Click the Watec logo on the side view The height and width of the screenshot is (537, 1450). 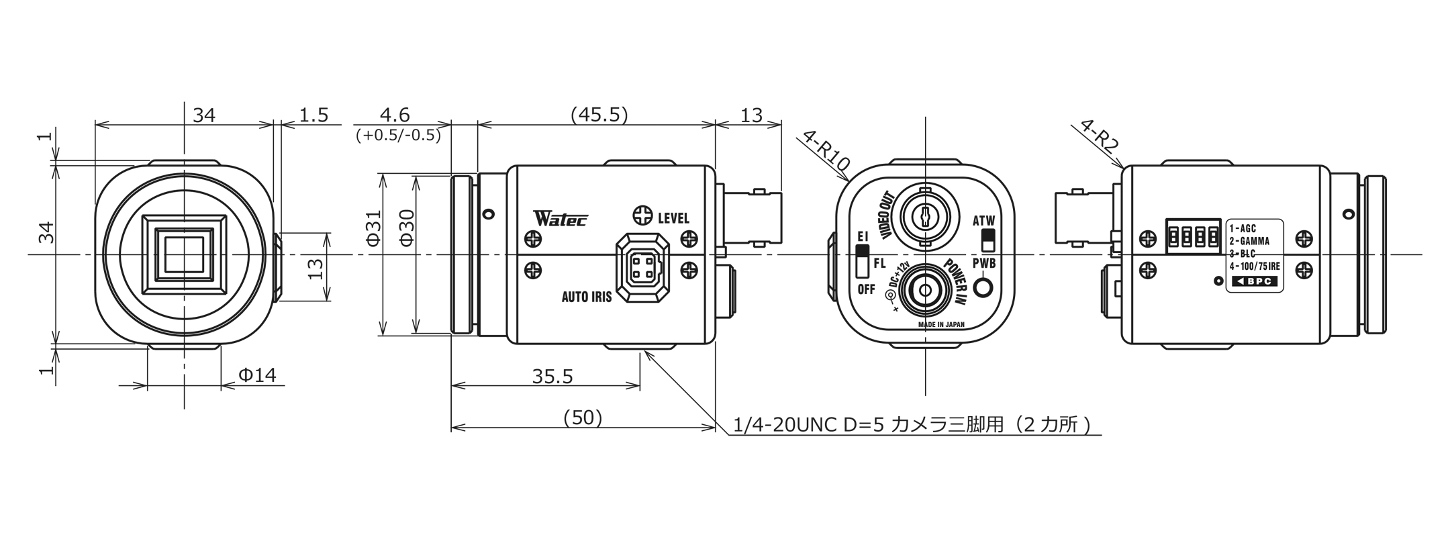pos(561,218)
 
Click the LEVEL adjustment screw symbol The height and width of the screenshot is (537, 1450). pos(642,216)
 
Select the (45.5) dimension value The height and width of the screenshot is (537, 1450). pos(599,115)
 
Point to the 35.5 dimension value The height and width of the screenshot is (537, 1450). pos(552,377)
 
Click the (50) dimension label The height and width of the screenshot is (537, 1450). pos(582,418)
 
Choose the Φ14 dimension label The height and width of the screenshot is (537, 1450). pos(257,375)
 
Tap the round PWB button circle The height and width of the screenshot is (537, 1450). pos(983,287)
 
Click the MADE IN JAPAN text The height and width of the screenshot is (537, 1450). pos(940,325)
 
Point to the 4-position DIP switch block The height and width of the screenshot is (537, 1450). pos(1193,236)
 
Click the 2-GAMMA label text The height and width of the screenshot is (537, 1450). pos(1249,241)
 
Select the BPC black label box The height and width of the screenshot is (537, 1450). pos(1255,281)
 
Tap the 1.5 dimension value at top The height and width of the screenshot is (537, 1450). pos(313,115)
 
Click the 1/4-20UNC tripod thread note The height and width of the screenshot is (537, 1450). pos(916,425)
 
